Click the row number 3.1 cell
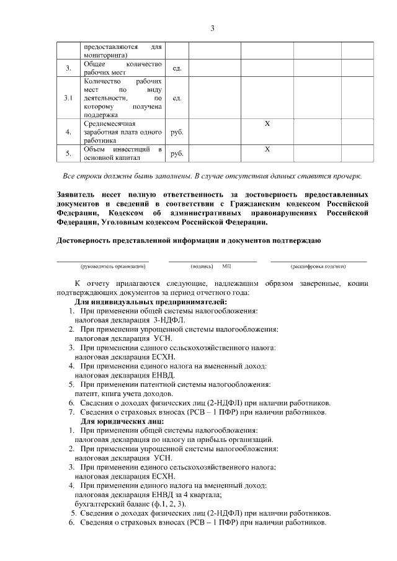pyautogui.click(x=68, y=98)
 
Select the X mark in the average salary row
pyautogui.click(x=267, y=124)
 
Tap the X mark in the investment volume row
pyautogui.click(x=267, y=149)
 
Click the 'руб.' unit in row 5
pyautogui.click(x=177, y=153)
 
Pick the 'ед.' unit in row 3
pyautogui.click(x=177, y=68)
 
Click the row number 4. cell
pyautogui.click(x=68, y=132)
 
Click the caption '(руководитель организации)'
pyautogui.click(x=102, y=265)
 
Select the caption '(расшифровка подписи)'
pyautogui.click(x=318, y=265)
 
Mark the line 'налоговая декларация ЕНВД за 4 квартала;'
pyautogui.click(x=148, y=495)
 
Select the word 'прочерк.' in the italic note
pyautogui.click(x=346, y=176)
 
